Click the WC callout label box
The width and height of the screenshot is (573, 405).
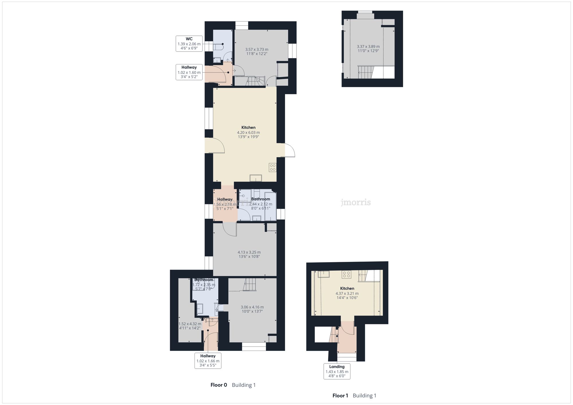[x=189, y=44]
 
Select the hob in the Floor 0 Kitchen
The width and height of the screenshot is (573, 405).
[x=272, y=167]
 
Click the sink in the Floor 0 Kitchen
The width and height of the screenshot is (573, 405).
[x=256, y=178]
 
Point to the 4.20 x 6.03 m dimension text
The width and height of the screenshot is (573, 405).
[x=248, y=133]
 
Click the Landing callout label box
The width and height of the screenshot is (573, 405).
[x=337, y=371]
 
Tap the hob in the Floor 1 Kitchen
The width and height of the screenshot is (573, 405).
[x=346, y=274]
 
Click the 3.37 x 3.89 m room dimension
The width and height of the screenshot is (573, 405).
[x=368, y=47]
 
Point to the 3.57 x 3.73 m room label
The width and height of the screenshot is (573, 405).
[x=257, y=50]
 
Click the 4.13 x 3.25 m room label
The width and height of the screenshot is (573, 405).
[x=249, y=252]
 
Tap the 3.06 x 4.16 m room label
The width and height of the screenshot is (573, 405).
[x=252, y=307]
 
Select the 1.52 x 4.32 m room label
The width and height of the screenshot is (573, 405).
[x=190, y=324]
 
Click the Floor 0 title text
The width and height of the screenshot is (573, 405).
[x=219, y=385]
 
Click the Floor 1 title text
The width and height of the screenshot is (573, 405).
[x=340, y=396]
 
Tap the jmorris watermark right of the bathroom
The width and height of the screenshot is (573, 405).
[x=356, y=202]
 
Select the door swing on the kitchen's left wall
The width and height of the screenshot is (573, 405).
[x=215, y=145]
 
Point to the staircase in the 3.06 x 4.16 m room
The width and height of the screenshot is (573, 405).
[x=250, y=285]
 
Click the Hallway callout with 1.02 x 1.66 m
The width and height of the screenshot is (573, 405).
[x=208, y=361]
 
